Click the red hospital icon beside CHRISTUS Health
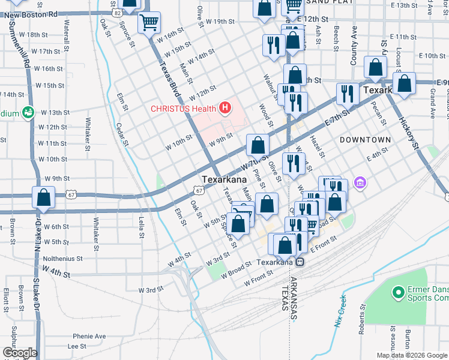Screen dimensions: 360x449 click(225, 108)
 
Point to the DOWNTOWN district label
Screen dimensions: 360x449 click(365, 140)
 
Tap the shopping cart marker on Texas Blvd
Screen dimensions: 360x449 click(149, 24)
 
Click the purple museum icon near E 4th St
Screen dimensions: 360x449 click(360, 182)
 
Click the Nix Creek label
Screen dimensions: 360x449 click(340, 311)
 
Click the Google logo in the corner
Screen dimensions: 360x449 click(19, 352)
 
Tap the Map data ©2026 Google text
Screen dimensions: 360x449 click(412, 355)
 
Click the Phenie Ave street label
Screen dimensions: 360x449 click(89, 336)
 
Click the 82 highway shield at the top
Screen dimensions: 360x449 click(116, 11)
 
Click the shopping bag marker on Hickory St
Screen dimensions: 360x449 click(405, 85)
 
